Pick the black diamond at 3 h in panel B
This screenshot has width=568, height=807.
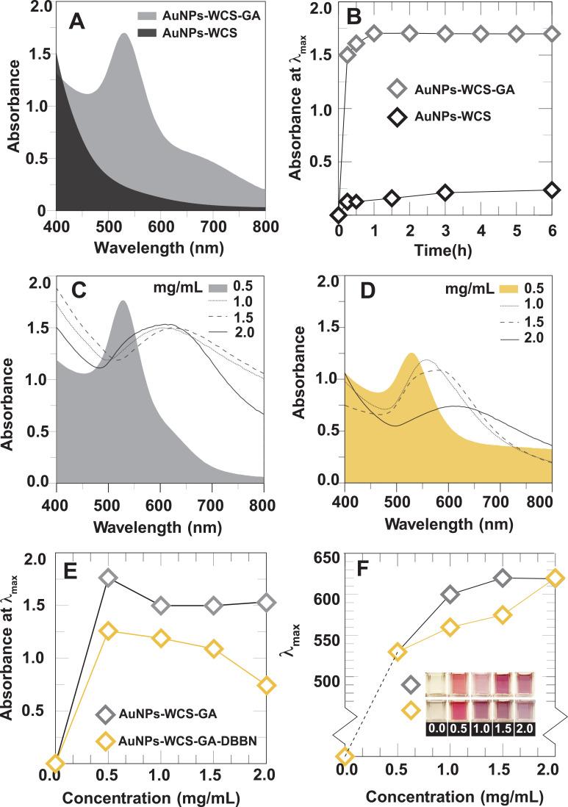click(445, 193)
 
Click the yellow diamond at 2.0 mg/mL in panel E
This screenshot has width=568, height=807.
click(267, 685)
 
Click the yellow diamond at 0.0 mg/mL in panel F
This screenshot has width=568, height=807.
click(344, 756)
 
